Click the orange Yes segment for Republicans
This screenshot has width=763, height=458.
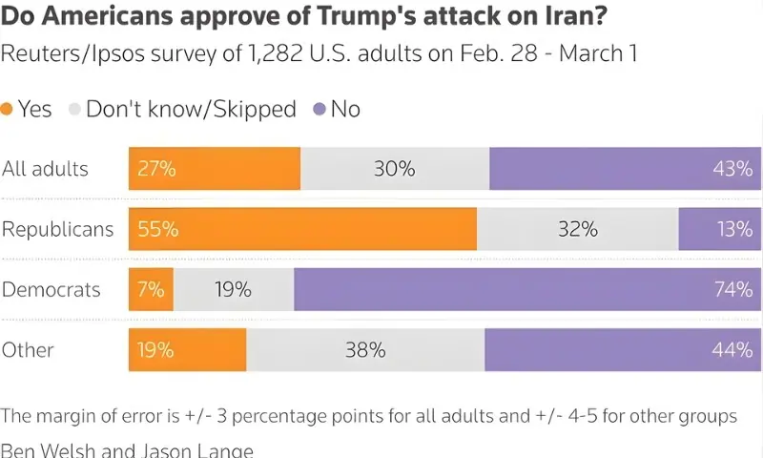(303, 229)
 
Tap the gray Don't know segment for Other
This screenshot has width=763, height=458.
(365, 349)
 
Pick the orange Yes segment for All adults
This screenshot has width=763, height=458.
(215, 169)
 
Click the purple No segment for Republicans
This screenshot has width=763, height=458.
(720, 229)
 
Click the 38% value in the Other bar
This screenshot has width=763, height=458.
(365, 350)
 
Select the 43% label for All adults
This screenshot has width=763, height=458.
(732, 169)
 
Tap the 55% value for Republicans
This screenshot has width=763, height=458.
(157, 229)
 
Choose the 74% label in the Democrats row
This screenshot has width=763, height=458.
(732, 289)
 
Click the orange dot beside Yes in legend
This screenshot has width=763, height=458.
(8, 110)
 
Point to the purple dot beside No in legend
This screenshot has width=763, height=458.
(319, 110)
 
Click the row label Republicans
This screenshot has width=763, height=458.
(57, 229)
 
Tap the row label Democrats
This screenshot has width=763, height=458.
(52, 289)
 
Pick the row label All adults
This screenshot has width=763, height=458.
(45, 169)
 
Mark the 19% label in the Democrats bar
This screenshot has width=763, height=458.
(233, 289)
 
